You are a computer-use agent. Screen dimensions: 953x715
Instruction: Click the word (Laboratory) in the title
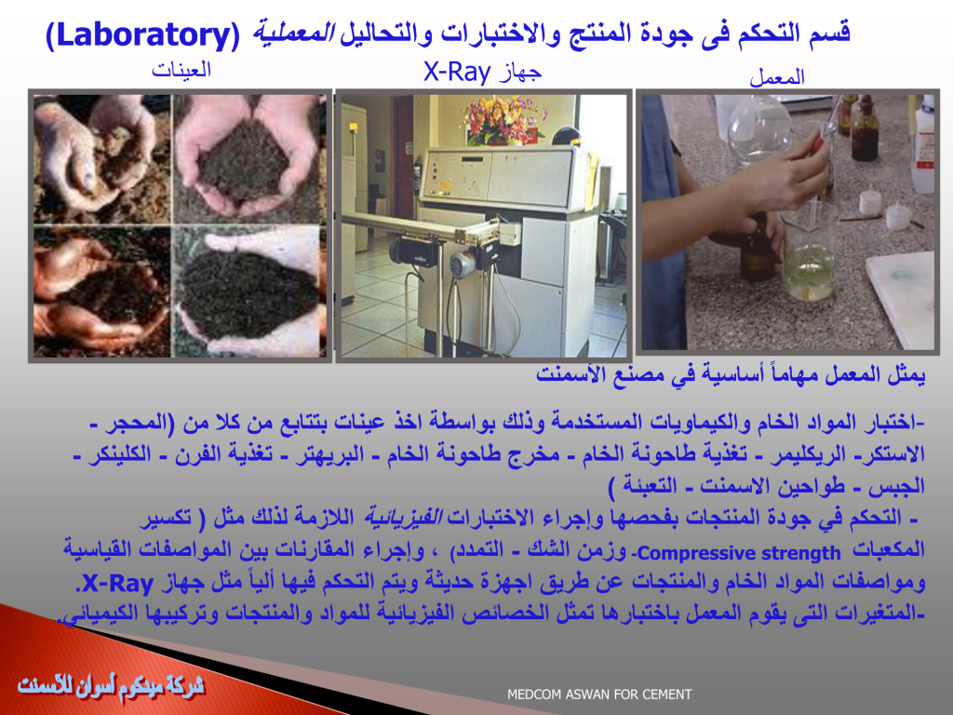[x=143, y=35]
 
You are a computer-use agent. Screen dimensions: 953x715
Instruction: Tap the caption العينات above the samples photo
[x=181, y=70]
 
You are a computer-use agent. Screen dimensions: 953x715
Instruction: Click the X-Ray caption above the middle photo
[x=457, y=73]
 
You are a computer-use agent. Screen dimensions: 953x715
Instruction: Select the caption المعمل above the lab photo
[x=777, y=77]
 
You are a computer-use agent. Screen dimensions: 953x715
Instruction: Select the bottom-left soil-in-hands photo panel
[x=102, y=291]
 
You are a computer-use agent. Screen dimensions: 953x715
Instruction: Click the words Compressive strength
[x=738, y=553]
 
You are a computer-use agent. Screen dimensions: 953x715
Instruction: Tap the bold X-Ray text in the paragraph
[x=118, y=584]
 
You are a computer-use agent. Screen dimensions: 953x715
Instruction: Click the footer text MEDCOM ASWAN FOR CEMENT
[x=599, y=695]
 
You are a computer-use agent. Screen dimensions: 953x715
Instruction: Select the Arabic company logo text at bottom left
[x=112, y=686]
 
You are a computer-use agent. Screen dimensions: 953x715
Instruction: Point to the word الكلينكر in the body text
[x=120, y=454]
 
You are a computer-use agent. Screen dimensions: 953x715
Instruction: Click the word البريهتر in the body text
[x=330, y=454]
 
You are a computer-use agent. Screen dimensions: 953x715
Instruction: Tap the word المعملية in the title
[x=293, y=33]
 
